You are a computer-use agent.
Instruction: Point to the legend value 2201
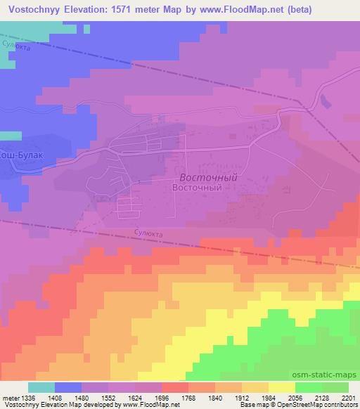point(349,397)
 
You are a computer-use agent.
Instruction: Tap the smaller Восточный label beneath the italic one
point(197,188)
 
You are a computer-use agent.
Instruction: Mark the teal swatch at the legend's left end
point(41,387)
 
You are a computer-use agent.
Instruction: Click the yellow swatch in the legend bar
point(281,387)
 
